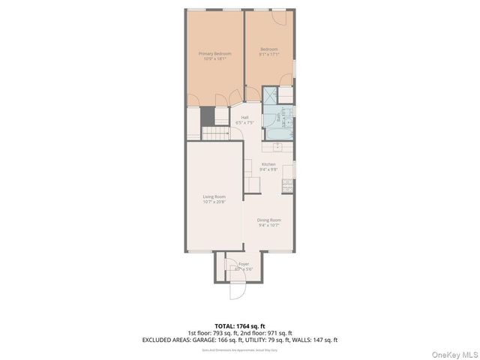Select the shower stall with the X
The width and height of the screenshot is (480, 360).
coord(270,95)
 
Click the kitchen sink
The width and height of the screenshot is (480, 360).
coord(288,169)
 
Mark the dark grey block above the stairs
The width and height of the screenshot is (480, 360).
coord(207,117)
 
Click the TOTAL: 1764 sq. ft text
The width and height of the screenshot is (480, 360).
coord(239,325)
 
